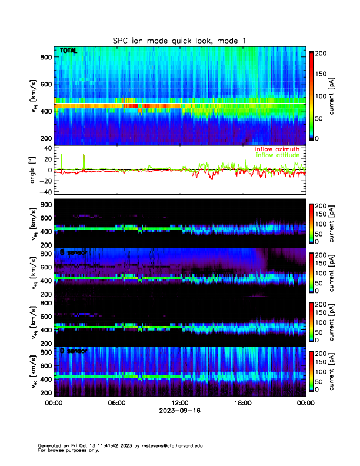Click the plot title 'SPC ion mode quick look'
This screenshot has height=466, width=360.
(x=179, y=40)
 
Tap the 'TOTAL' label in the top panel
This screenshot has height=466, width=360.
(x=68, y=52)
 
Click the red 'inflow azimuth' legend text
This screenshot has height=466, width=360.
(x=276, y=149)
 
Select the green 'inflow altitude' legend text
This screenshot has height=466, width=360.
(x=277, y=155)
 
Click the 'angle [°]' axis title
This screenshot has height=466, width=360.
(x=34, y=170)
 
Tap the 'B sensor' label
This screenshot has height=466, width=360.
(x=73, y=252)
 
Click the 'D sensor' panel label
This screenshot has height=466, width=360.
(x=73, y=351)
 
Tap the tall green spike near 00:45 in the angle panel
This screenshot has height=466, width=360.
(x=62, y=161)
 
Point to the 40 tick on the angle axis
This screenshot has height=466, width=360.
(x=47, y=148)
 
